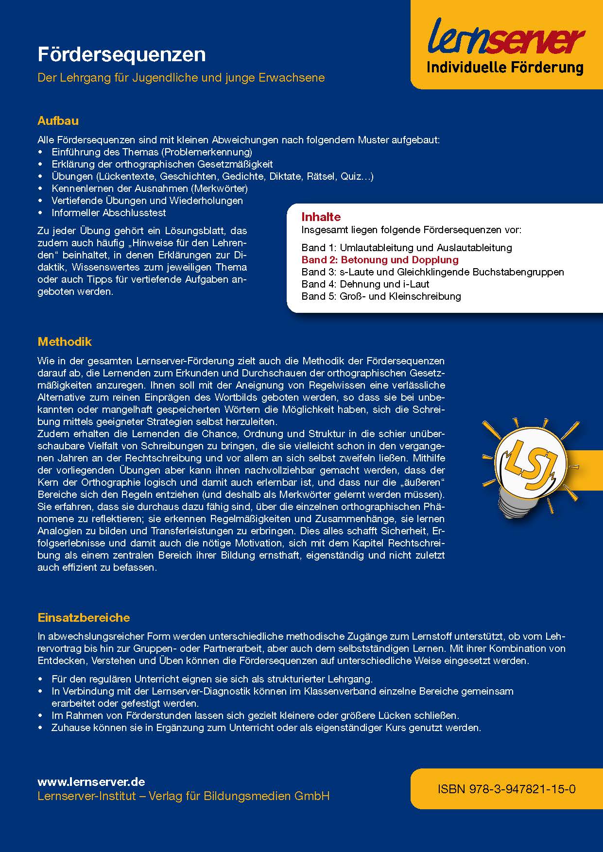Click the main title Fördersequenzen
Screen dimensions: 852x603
(121, 55)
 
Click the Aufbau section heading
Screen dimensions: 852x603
(58, 121)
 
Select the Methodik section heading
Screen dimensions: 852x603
(65, 342)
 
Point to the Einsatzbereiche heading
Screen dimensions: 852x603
(84, 618)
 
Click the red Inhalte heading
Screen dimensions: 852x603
(321, 217)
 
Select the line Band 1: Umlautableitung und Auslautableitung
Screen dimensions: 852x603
(406, 248)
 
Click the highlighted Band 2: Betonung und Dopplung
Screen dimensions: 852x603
(379, 260)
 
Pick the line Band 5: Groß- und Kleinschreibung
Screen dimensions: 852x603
(381, 296)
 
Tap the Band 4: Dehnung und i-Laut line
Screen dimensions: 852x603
(365, 284)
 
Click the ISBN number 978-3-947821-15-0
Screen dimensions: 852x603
(507, 789)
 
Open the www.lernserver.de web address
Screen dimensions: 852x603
(91, 782)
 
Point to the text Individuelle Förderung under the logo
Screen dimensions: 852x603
(505, 68)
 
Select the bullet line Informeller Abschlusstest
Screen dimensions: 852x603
(108, 213)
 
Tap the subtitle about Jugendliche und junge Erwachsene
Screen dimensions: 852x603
(181, 78)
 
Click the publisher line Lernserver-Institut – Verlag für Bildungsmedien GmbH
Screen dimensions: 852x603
(183, 796)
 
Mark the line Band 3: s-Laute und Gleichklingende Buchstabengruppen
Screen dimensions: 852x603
(432, 272)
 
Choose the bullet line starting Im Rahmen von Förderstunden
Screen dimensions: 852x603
(255, 716)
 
